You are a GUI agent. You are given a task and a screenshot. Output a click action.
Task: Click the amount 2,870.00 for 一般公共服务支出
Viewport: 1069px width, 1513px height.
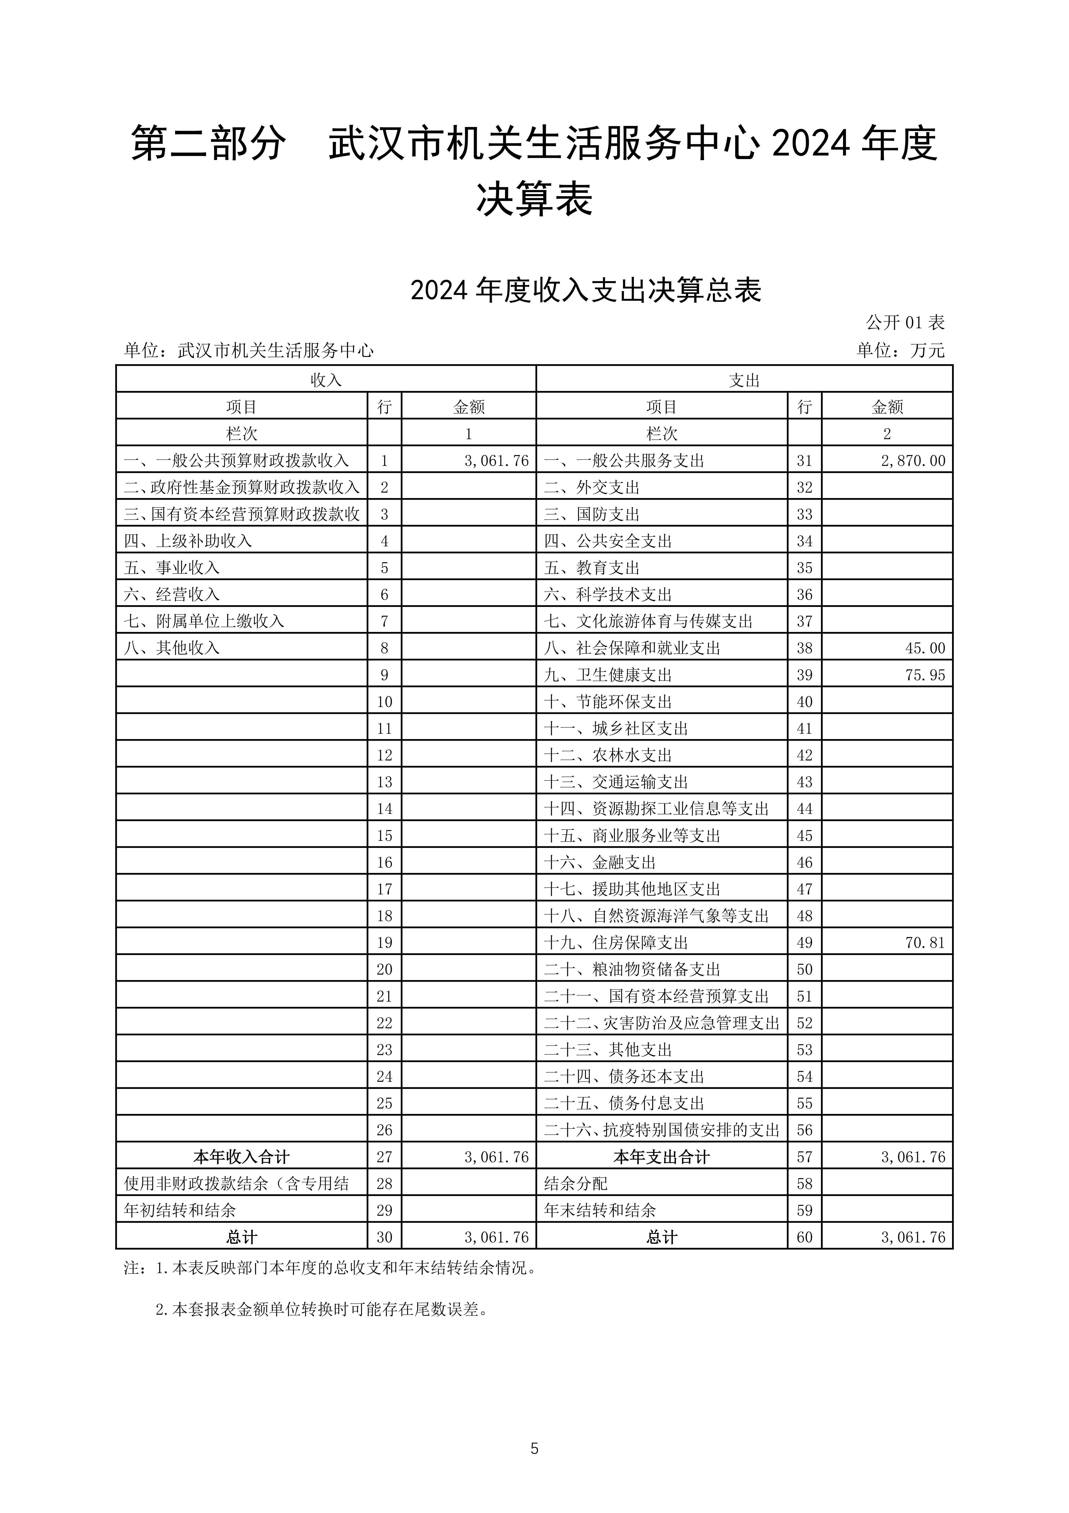[x=912, y=461]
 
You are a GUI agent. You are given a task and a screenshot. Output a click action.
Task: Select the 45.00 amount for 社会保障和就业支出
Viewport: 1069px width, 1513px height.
[x=925, y=648]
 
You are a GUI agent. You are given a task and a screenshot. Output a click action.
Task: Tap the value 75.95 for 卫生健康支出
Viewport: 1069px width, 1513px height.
[x=925, y=675]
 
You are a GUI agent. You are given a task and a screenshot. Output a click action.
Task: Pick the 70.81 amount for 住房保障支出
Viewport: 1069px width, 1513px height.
[x=925, y=942]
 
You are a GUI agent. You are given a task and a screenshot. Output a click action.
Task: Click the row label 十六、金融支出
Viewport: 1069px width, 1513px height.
[x=599, y=862]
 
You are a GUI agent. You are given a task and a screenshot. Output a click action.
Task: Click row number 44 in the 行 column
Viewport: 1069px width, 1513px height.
[x=804, y=809]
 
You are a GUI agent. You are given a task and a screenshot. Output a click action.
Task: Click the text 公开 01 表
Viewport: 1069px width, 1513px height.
[x=905, y=322]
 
